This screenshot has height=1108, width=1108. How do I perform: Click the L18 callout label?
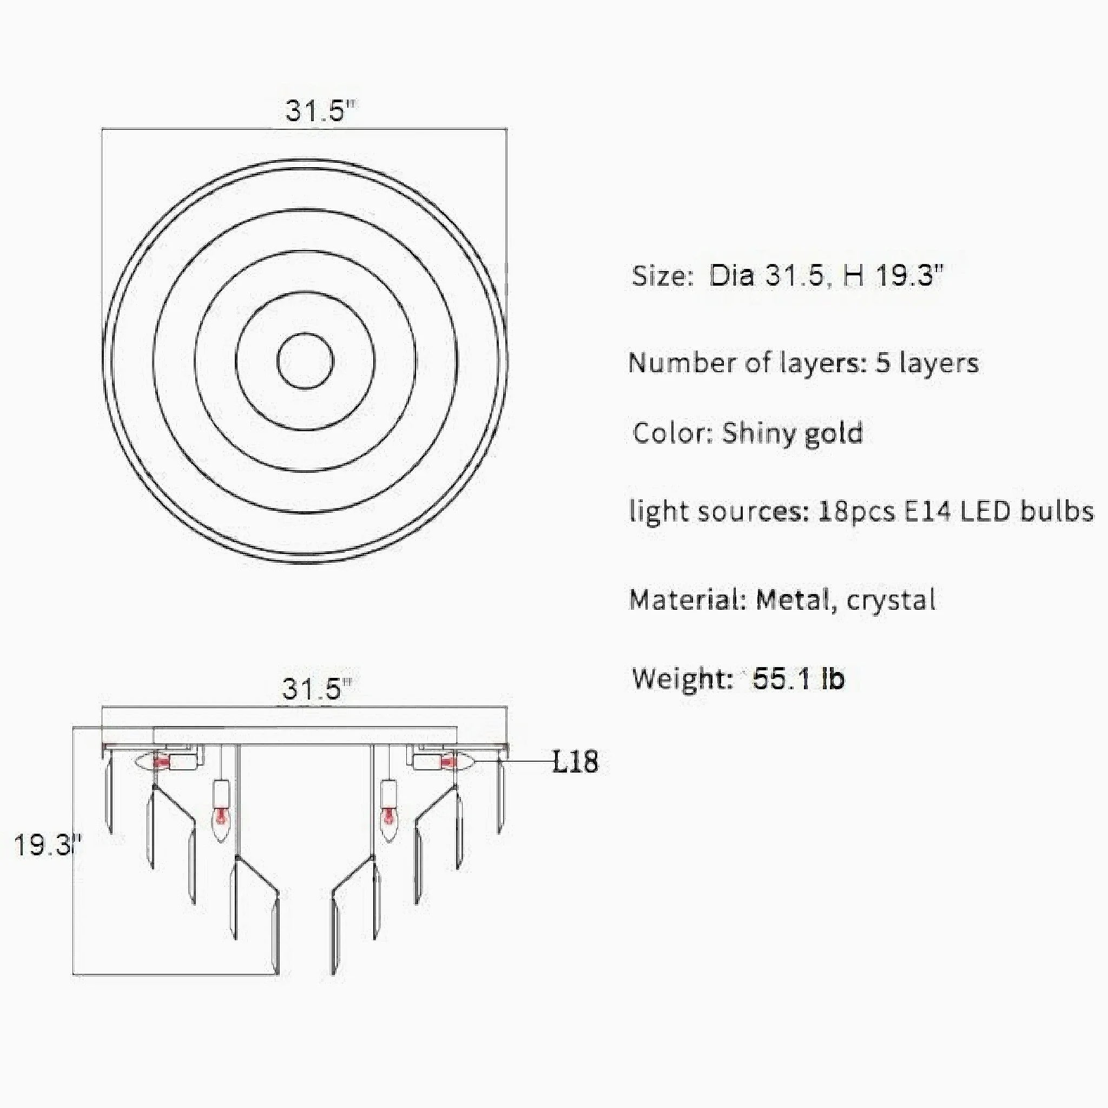pyautogui.click(x=575, y=762)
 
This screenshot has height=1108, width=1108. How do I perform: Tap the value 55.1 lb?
pyautogui.click(x=799, y=678)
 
